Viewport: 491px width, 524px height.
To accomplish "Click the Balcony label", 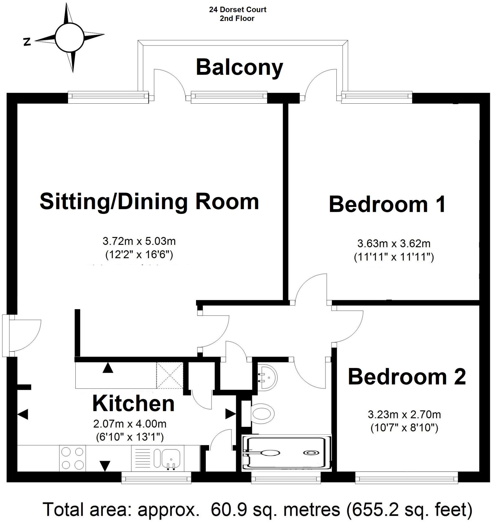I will tap(239, 68).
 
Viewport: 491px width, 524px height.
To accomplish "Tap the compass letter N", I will tap(27, 42).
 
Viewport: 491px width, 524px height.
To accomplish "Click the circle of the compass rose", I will tap(70, 37).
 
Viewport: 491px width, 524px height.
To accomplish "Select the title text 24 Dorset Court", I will tap(237, 10).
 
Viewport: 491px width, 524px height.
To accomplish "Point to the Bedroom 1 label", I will tap(387, 204).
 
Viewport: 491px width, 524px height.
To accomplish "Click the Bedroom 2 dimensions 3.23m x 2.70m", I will tap(404, 414).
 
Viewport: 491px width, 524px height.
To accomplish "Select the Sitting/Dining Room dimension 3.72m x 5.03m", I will tap(139, 241).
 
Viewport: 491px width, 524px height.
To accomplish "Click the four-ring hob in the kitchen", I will tap(72, 458).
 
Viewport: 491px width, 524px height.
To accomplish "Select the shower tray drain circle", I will tap(310, 453).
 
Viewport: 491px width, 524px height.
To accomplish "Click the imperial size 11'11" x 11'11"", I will tap(394, 257).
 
